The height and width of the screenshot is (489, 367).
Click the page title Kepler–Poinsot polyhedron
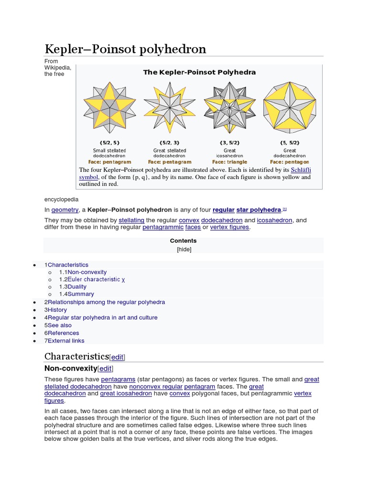[x=125, y=49]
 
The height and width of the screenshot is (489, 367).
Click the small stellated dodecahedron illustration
[x=109, y=107]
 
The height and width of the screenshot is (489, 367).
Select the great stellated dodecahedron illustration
[x=170, y=107]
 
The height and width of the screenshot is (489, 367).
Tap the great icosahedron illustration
[x=230, y=107]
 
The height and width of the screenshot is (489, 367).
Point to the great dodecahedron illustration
[x=289, y=107]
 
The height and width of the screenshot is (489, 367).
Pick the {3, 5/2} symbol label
[x=230, y=143]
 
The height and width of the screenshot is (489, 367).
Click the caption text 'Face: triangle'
[x=230, y=162]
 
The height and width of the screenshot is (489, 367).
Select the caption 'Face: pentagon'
[x=289, y=162]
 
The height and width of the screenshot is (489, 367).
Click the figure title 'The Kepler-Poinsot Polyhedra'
[x=199, y=72]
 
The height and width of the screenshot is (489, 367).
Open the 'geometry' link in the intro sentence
[x=65, y=210]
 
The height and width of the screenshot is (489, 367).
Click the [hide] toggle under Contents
[x=183, y=249]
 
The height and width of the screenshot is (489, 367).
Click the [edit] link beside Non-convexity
[x=106, y=369]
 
